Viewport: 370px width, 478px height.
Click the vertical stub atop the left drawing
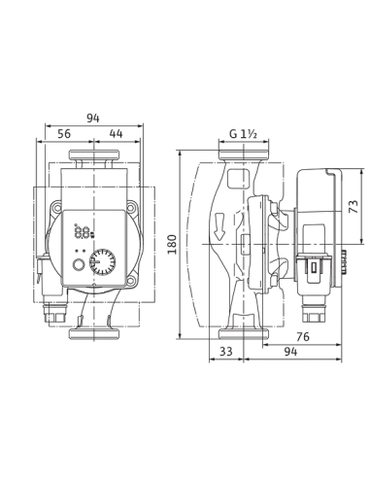(94, 118)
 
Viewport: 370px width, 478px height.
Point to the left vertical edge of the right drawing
(175, 243)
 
